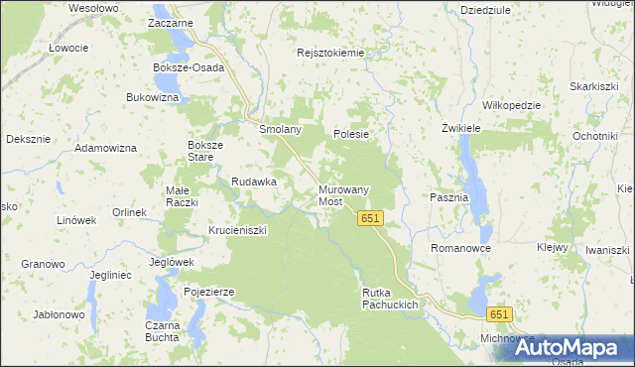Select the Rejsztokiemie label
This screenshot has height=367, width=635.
[x=331, y=54]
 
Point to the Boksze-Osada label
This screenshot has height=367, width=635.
[x=189, y=68]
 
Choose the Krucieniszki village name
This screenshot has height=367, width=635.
[x=237, y=230]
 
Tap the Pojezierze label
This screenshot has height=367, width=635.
[x=208, y=292]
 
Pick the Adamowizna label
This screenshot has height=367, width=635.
[x=108, y=148]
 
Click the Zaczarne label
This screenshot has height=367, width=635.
[x=169, y=22]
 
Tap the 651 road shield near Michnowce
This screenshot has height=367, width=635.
[x=499, y=314]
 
